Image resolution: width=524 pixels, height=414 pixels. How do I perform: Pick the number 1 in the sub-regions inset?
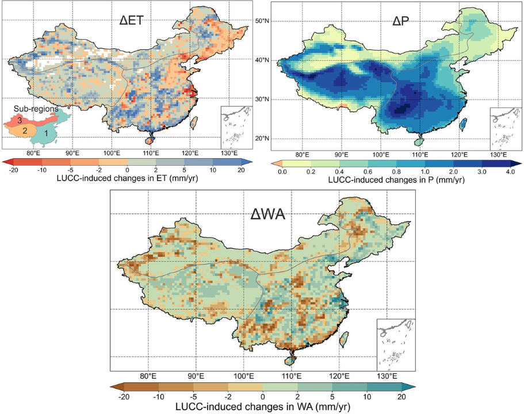pyautogui.click(x=47, y=133)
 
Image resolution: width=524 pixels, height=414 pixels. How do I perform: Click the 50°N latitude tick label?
pyautogui.click(x=262, y=21)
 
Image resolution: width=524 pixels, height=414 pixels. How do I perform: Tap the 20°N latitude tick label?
pyautogui.click(x=262, y=139)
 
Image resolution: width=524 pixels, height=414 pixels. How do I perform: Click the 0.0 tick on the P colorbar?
pyautogui.click(x=281, y=171)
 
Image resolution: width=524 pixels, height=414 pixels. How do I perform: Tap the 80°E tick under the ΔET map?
pyautogui.click(x=33, y=153)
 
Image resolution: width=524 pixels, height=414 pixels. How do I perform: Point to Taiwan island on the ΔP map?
pyautogui.click(x=464, y=124)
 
